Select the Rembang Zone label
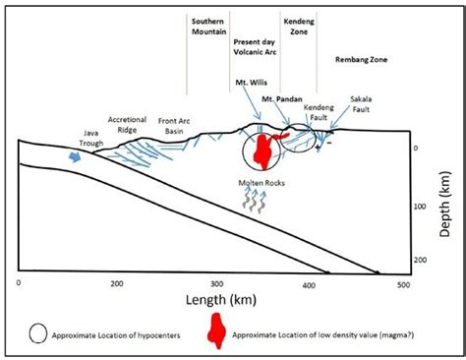(x=361, y=60)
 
